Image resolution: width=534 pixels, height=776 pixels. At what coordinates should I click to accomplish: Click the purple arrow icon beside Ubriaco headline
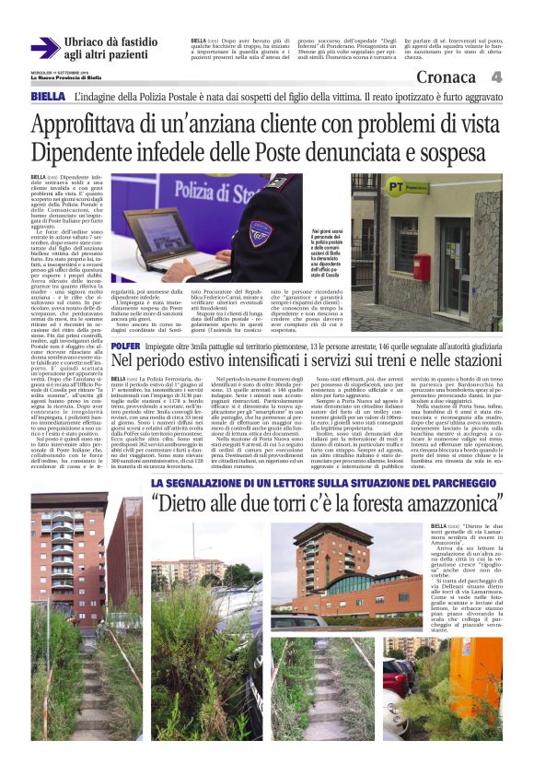[44, 48]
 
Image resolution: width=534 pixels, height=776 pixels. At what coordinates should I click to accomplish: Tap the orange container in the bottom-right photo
[484, 696]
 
